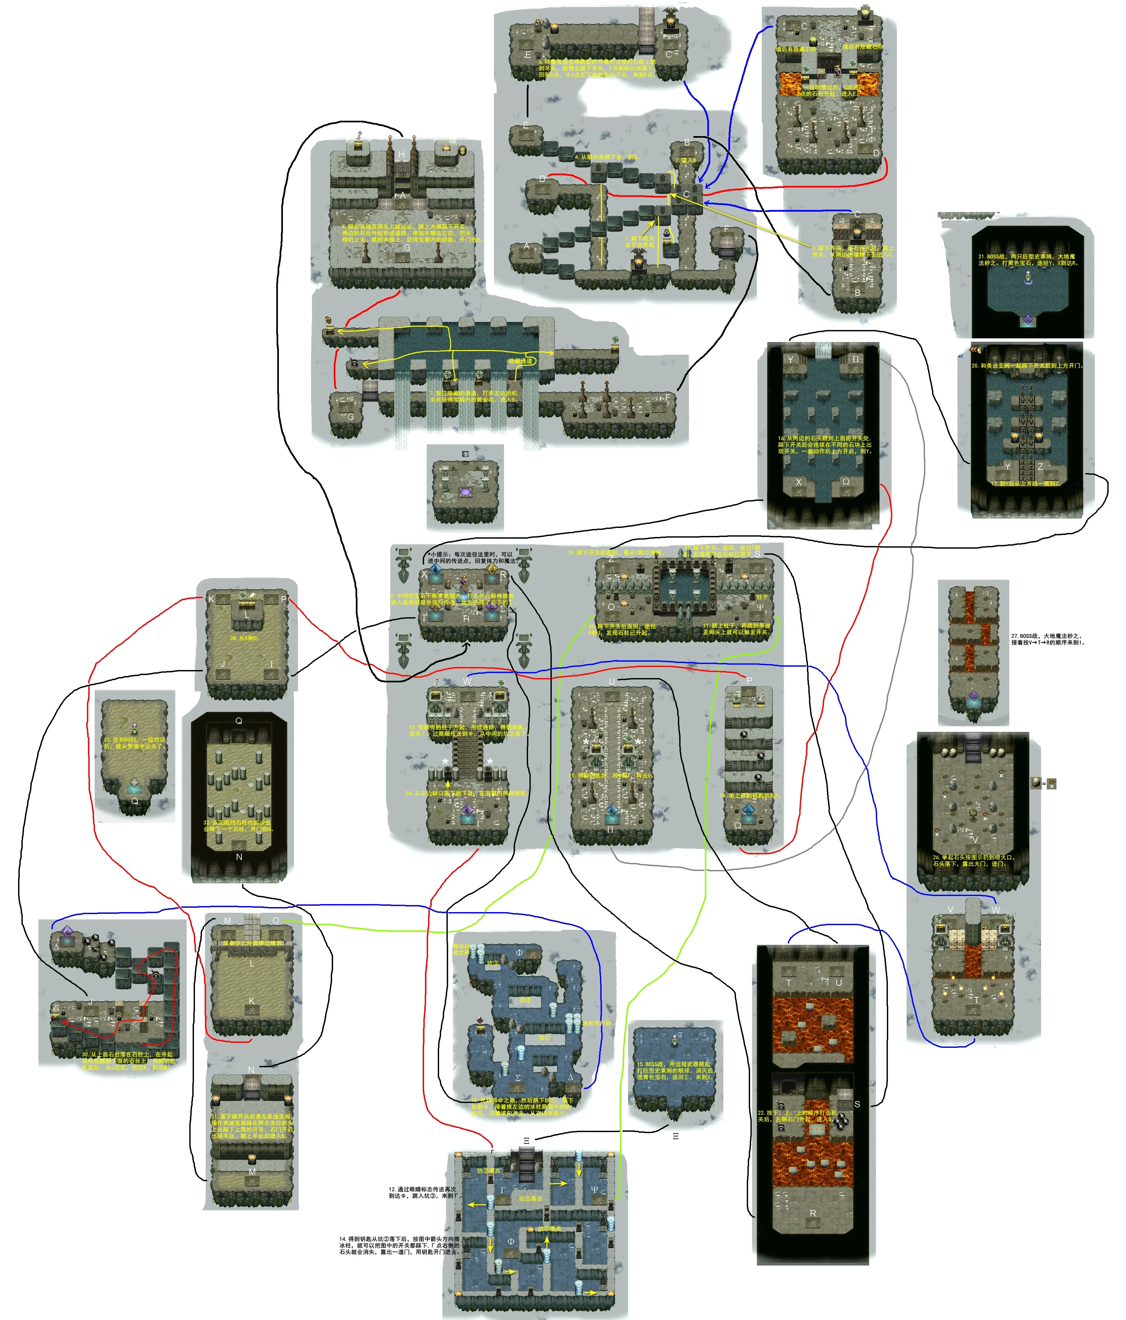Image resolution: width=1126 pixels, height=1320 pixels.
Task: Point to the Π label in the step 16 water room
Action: click(855, 359)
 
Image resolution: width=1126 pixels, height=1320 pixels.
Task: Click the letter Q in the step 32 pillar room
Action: click(239, 721)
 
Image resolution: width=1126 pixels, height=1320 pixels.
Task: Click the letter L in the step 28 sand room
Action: click(247, 615)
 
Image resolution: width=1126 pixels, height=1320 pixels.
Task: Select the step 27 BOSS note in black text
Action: click(1047, 639)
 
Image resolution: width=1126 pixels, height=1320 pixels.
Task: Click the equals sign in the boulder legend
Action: click(1044, 783)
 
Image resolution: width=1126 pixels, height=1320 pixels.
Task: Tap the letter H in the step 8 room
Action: click(401, 155)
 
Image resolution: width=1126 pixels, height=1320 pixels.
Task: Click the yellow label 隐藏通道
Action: click(520, 361)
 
